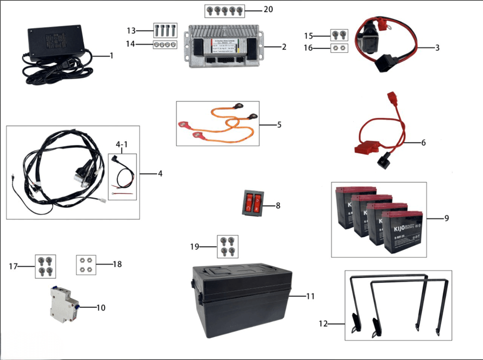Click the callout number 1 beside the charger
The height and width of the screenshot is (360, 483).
click(111, 56)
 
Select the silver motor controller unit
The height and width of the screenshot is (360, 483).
click(223, 47)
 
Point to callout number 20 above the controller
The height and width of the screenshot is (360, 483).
click(268, 9)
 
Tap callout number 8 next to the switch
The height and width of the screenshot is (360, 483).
click(278, 205)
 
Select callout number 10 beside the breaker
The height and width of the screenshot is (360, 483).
click(101, 308)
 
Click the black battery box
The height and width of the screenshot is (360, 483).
click(241, 302)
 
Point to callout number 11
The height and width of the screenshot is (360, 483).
click(310, 296)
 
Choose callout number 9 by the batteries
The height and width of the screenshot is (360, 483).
click(446, 218)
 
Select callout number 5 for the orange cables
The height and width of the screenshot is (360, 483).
click(279, 125)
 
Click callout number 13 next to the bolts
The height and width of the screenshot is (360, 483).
click(131, 31)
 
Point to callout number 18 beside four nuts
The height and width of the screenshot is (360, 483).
click(117, 264)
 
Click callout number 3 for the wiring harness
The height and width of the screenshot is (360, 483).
click(437, 48)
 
